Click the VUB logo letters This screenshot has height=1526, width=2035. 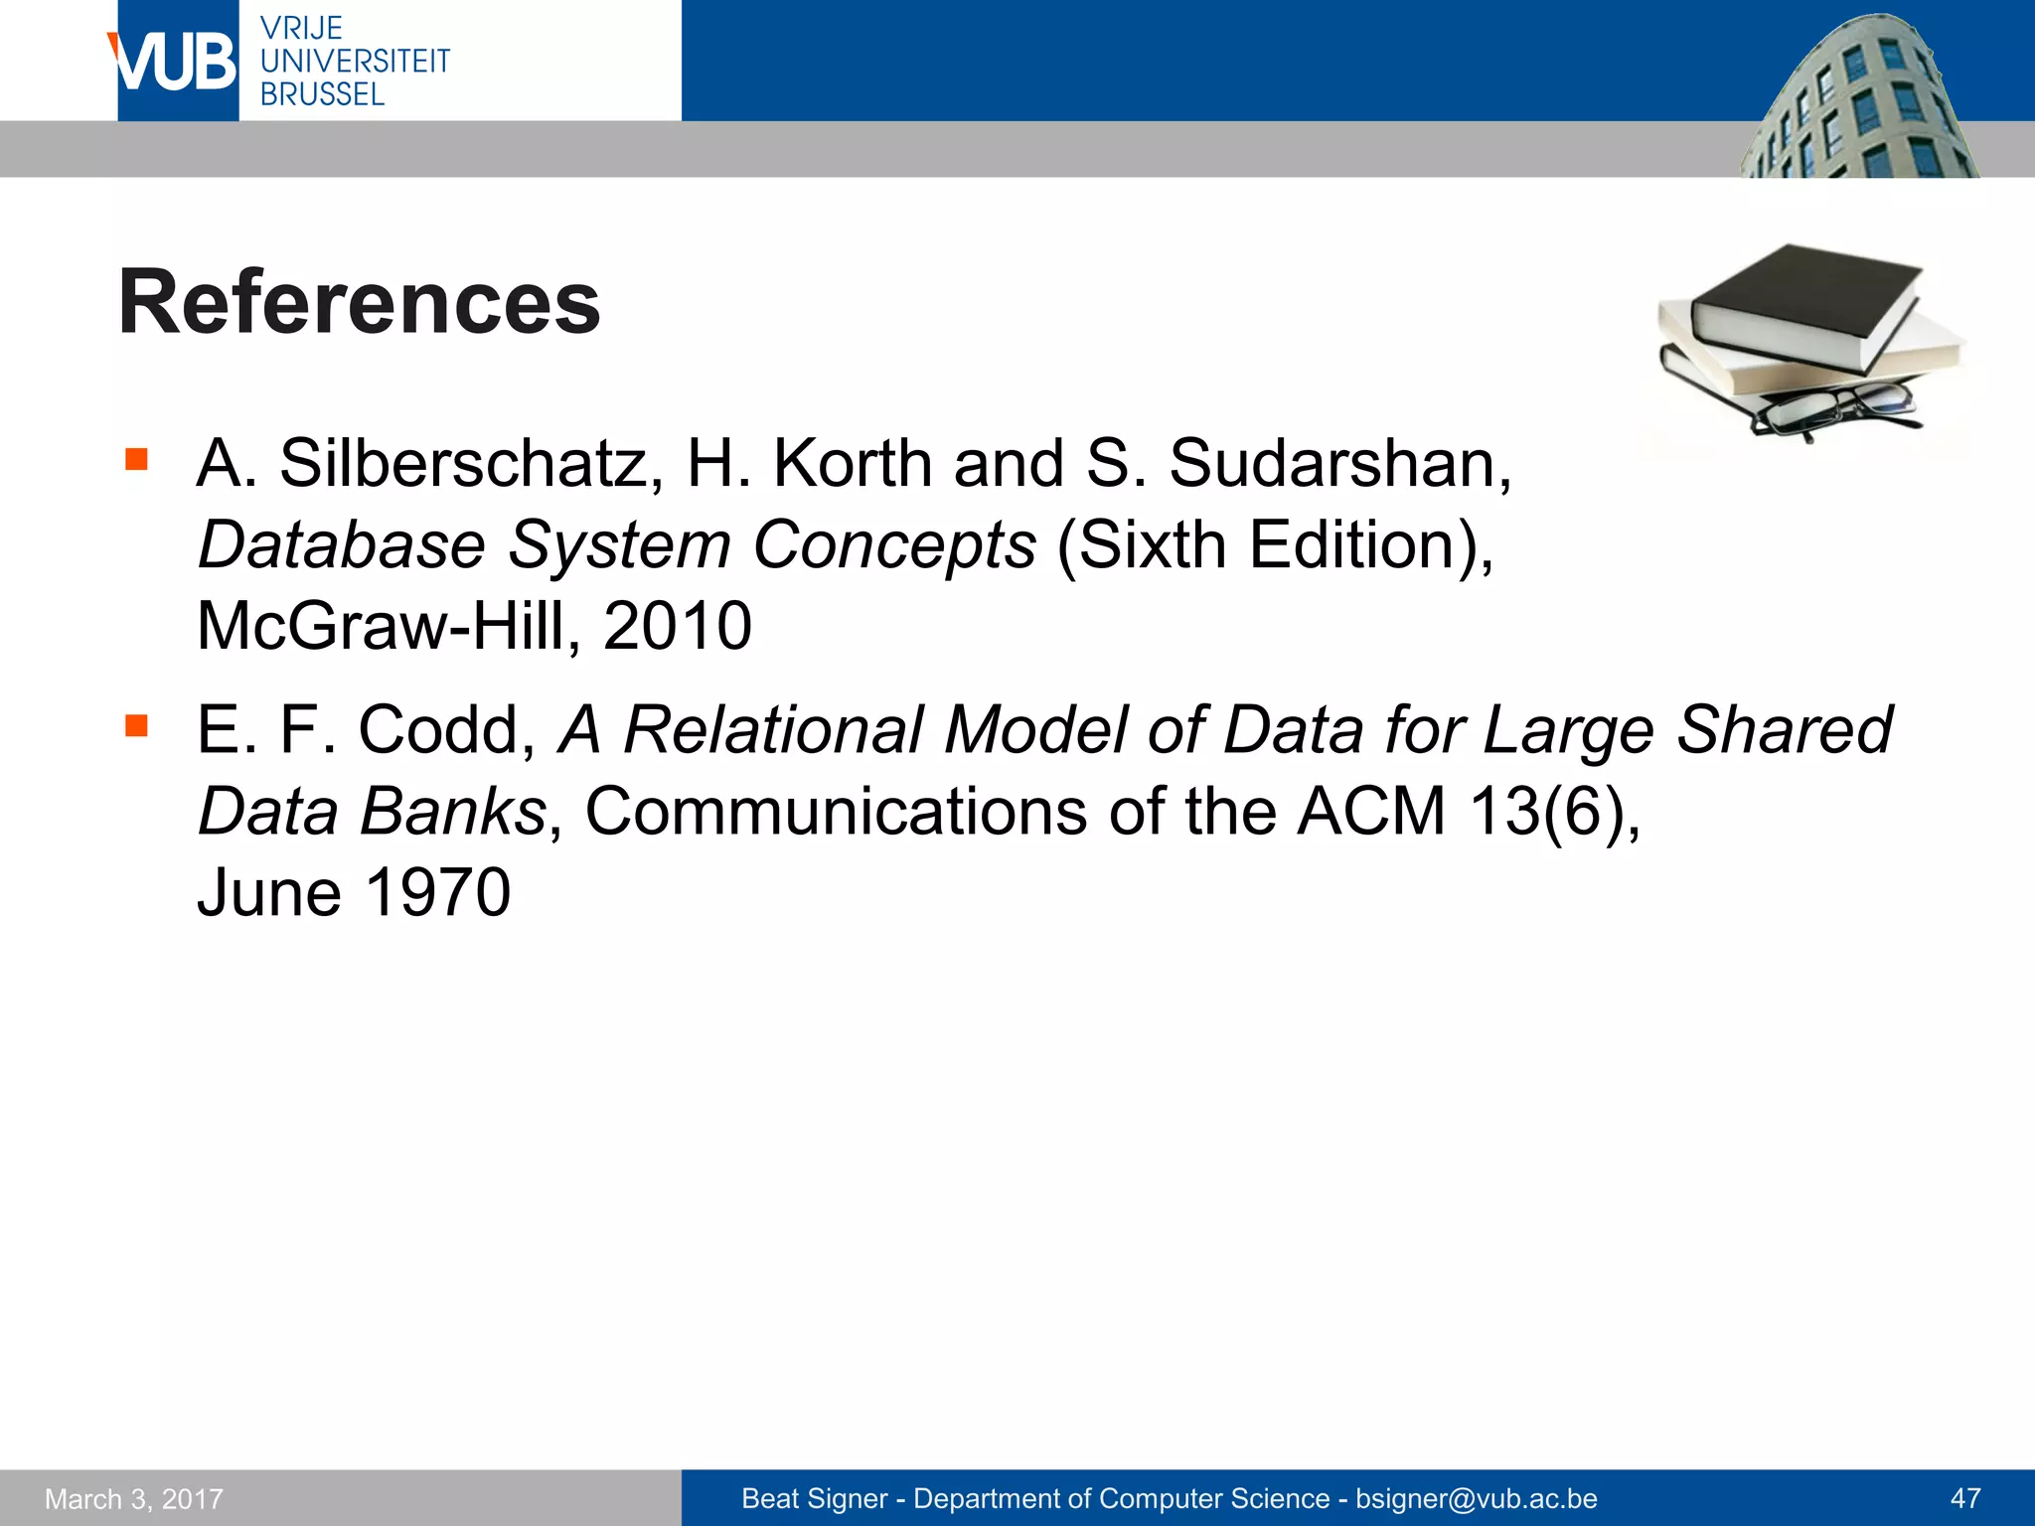click(175, 62)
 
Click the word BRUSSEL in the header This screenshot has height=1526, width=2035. click(322, 94)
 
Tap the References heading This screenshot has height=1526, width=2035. click(359, 302)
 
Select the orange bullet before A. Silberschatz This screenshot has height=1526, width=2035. click(136, 459)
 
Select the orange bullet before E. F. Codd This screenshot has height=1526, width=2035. click(136, 725)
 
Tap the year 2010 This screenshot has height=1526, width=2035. click(677, 626)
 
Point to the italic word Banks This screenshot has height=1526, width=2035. click(452, 812)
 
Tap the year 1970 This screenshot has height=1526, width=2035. click(437, 892)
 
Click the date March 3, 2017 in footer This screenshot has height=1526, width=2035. click(134, 1498)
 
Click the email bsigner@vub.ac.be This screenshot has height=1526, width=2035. click(1476, 1498)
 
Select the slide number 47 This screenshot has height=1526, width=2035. click(1965, 1498)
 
